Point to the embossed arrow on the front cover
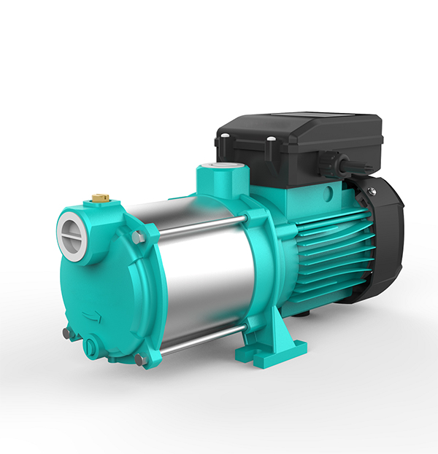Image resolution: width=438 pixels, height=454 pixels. click(x=93, y=316)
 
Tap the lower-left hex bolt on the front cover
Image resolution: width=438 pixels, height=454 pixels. click(x=66, y=332)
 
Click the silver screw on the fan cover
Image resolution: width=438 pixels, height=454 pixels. click(x=372, y=191)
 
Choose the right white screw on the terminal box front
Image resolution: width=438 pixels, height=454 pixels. click(x=270, y=138)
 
